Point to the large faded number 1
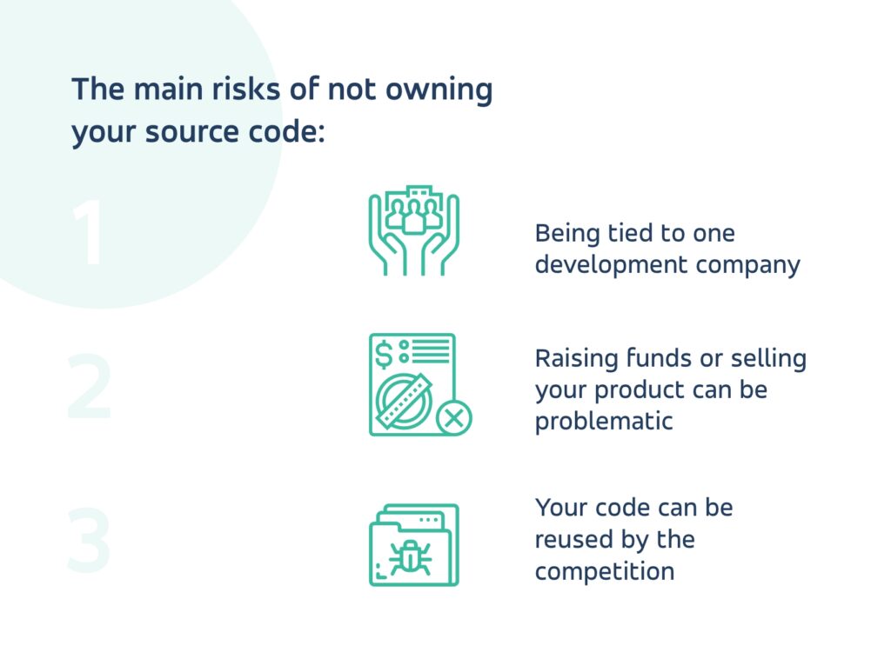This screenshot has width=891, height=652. tap(88, 233)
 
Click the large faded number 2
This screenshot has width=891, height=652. tap(89, 390)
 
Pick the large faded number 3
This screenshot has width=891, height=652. tap(89, 541)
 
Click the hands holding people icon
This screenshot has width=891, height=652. tap(413, 230)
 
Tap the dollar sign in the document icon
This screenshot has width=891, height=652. tap(384, 353)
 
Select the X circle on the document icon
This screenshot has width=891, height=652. tap(452, 419)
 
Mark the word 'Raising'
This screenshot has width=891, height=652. tap(575, 358)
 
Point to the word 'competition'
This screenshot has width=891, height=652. tap(604, 571)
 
